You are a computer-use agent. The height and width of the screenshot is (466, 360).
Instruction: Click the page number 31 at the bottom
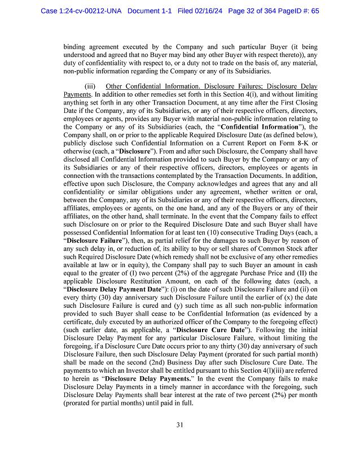179,425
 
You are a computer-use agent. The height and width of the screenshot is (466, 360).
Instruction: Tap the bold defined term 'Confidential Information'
254,127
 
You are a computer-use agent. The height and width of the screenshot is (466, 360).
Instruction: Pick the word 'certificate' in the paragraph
81,321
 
